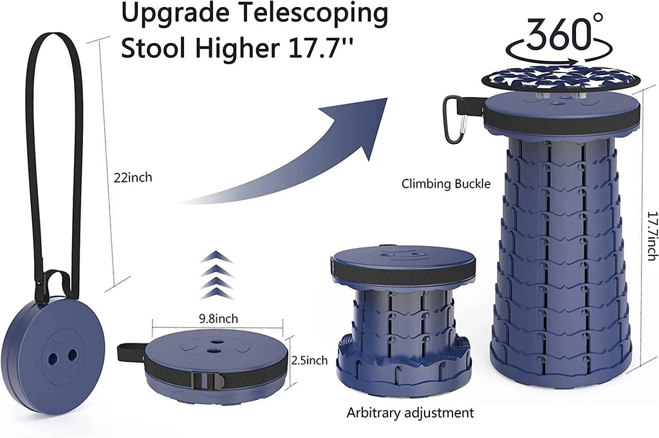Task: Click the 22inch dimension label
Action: pyautogui.click(x=133, y=178)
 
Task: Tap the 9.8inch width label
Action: pyautogui.click(x=218, y=318)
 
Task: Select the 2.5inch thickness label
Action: pyautogui.click(x=310, y=360)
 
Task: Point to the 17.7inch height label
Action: pyautogui.click(x=651, y=235)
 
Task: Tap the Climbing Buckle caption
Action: pyautogui.click(x=446, y=183)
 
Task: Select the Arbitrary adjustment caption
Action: pyautogui.click(x=410, y=412)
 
